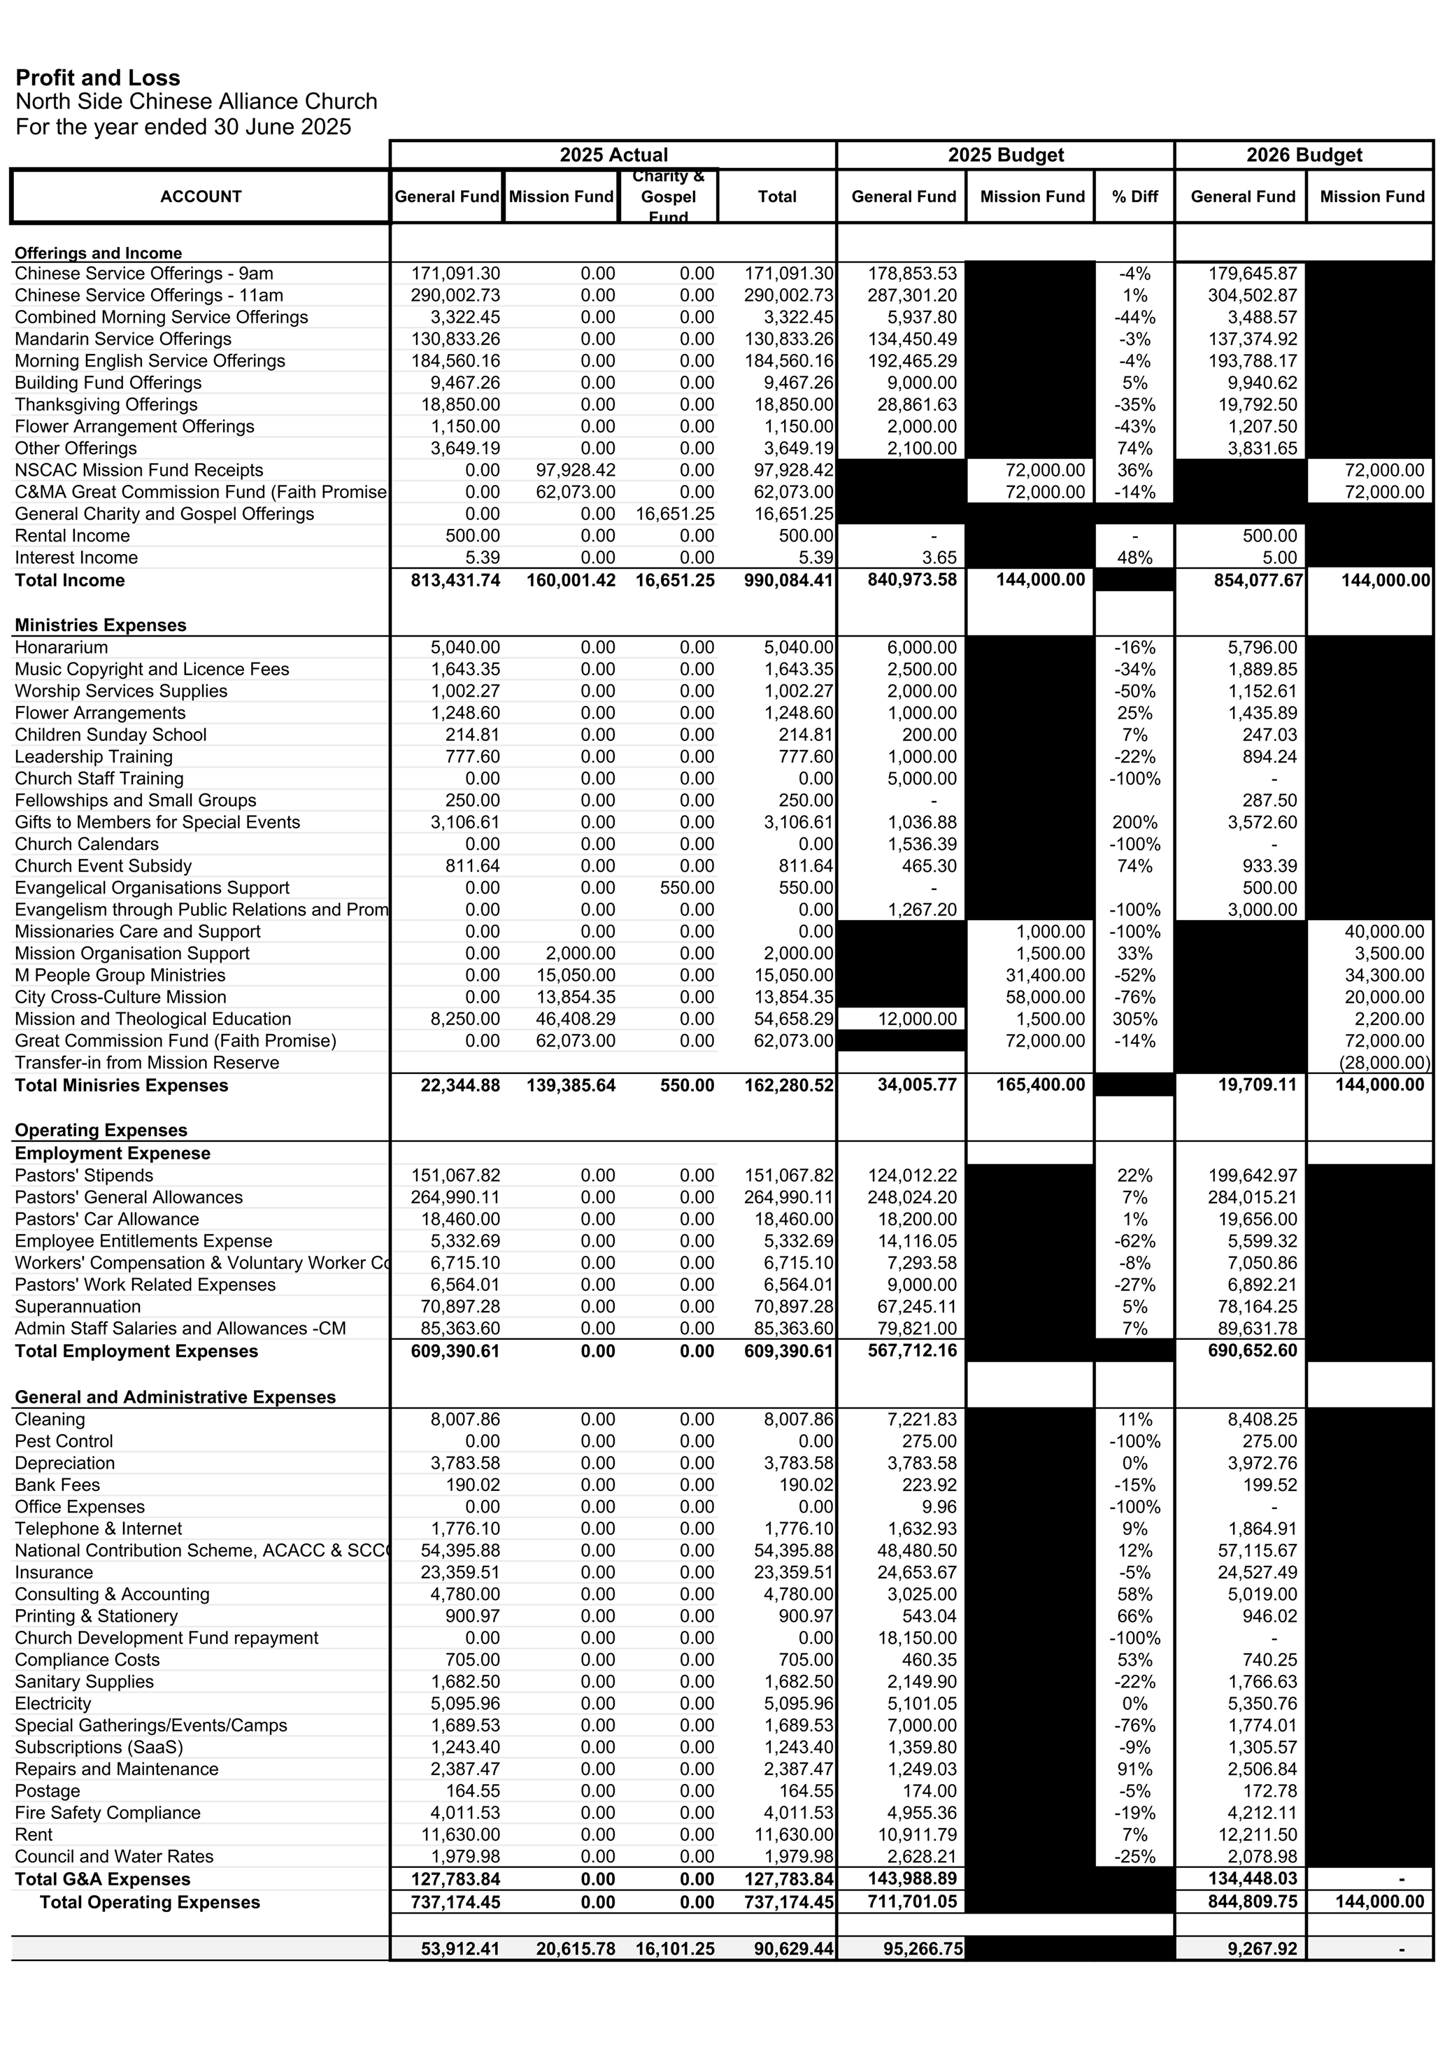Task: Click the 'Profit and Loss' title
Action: [98, 78]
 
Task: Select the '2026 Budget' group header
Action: [1304, 155]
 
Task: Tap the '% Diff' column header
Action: [1134, 197]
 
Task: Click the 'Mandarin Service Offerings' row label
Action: [123, 339]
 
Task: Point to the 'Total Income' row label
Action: [69, 581]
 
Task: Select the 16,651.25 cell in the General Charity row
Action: [674, 514]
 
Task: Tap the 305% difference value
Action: [1134, 1019]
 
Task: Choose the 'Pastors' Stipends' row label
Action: [84, 1175]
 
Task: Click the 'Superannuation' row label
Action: [78, 1307]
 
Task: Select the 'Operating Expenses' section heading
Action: [101, 1131]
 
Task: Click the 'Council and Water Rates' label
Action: [114, 1856]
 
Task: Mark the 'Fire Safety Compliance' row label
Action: [108, 1813]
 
